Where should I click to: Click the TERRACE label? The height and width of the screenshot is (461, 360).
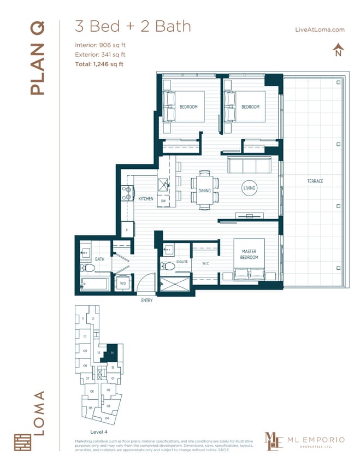click(x=314, y=181)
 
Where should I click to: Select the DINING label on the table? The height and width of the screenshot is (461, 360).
click(x=204, y=191)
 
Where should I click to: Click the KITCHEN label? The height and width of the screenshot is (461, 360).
click(x=145, y=199)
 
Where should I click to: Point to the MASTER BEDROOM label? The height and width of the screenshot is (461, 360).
click(x=249, y=254)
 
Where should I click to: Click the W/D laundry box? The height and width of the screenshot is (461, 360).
click(x=123, y=283)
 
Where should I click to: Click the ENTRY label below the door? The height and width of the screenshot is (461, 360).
click(x=146, y=300)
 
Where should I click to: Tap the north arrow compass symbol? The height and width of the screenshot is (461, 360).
click(x=338, y=50)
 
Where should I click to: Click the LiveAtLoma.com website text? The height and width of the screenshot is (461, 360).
click(x=319, y=30)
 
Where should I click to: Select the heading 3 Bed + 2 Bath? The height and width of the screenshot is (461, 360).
click(x=133, y=26)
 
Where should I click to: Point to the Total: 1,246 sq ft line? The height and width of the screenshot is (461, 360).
click(x=99, y=64)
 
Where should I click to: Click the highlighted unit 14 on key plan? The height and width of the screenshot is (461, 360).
click(x=111, y=351)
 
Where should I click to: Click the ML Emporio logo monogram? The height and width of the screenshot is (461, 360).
click(x=274, y=441)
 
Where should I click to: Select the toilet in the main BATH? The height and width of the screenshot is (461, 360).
click(x=90, y=268)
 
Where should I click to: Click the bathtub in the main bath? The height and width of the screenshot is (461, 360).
click(x=93, y=283)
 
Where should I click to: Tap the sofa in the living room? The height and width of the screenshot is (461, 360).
click(x=250, y=165)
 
